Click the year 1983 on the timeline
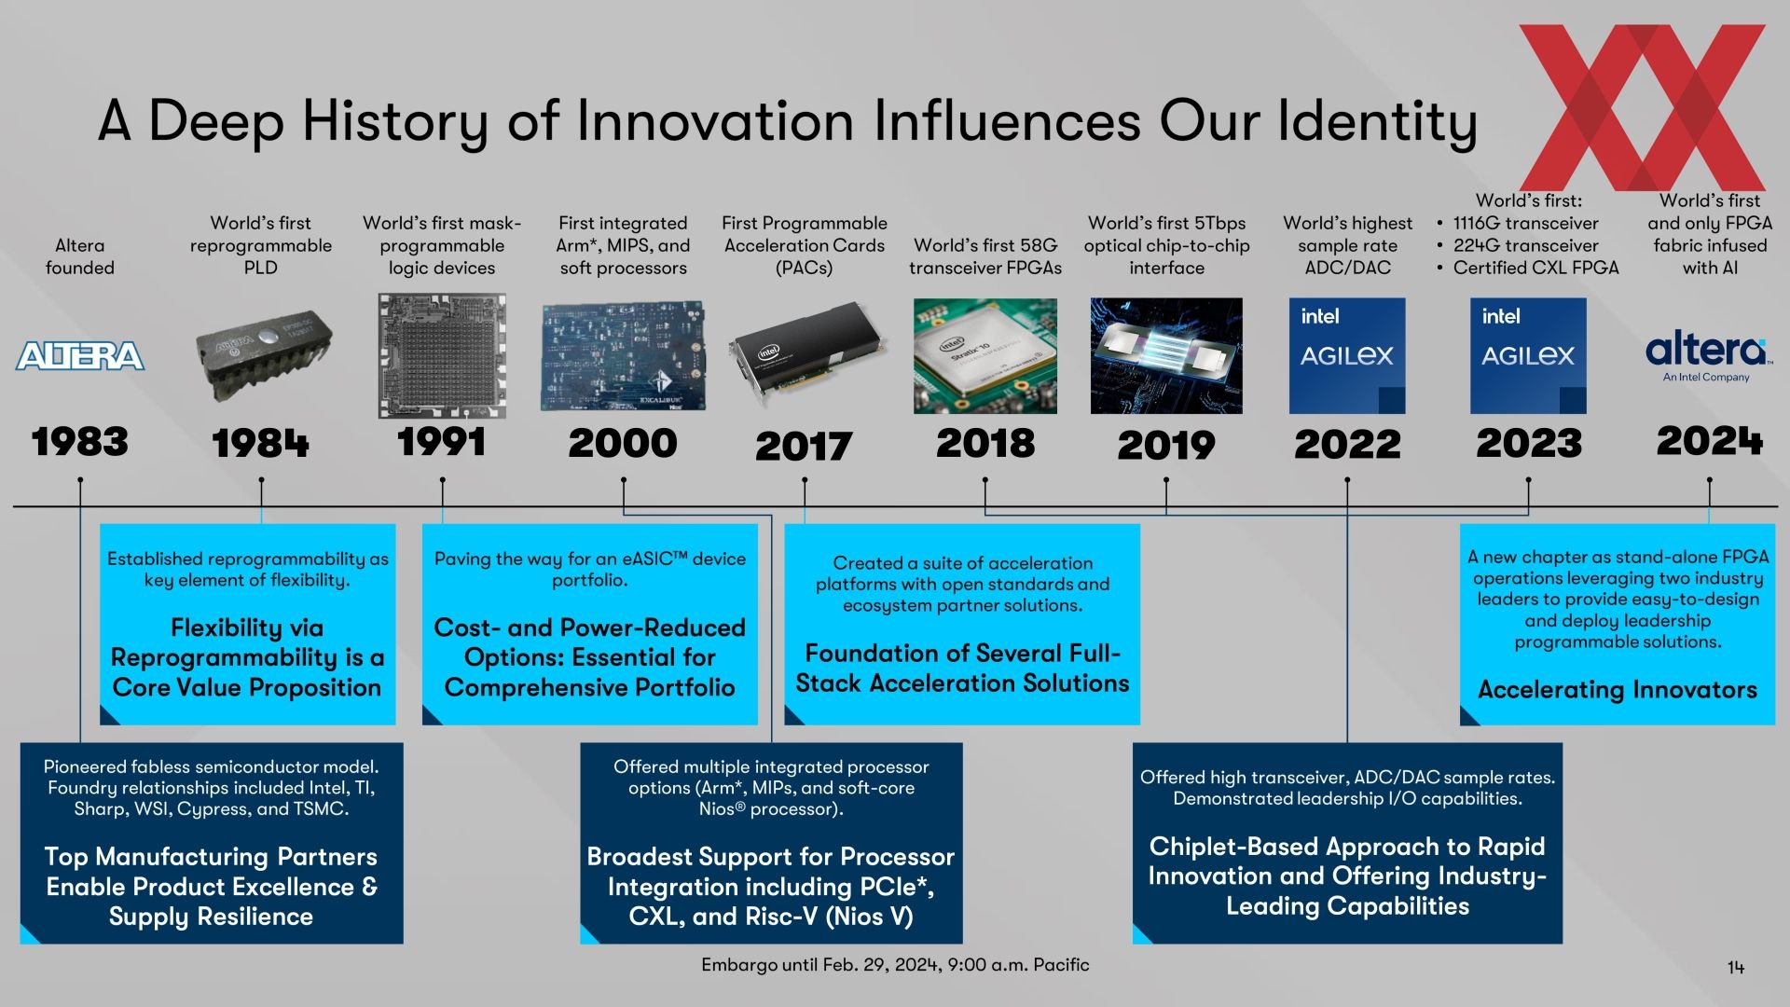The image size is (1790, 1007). [x=80, y=442]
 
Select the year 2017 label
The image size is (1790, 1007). [x=804, y=446]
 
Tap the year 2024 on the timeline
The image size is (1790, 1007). [x=1710, y=441]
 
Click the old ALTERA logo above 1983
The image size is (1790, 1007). [x=80, y=355]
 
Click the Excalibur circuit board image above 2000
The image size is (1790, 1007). [x=623, y=356]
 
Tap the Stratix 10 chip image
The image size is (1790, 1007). [x=985, y=356]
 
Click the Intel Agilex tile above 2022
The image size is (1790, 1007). [x=1347, y=356]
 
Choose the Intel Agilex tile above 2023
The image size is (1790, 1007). [x=1528, y=356]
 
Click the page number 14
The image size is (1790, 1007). [x=1736, y=968]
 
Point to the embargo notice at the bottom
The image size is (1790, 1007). [x=895, y=965]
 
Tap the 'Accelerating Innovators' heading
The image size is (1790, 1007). [x=1618, y=690]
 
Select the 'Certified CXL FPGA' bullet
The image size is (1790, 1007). [x=1535, y=268]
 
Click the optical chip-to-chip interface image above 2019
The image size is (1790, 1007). [x=1166, y=356]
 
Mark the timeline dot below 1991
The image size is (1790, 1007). [x=442, y=480]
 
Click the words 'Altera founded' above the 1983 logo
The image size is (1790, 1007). [x=80, y=256]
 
